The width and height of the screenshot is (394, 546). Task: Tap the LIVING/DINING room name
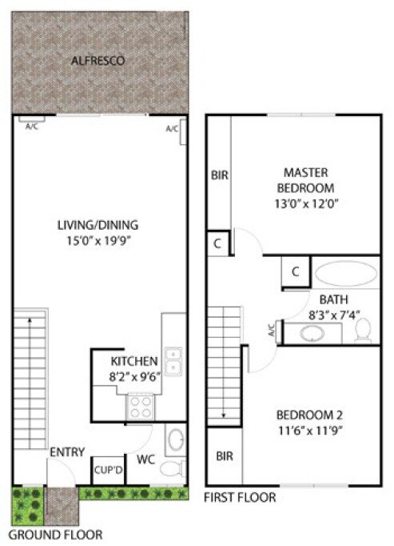pyautogui.click(x=99, y=224)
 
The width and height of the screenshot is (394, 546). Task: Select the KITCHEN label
pyautogui.click(x=129, y=361)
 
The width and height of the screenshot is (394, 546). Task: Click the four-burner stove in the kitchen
pyautogui.click(x=141, y=407)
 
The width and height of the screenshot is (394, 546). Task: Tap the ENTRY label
pyautogui.click(x=67, y=452)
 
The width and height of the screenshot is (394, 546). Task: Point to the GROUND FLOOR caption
pyautogui.click(x=55, y=533)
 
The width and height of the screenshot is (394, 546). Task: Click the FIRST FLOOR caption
pyautogui.click(x=241, y=497)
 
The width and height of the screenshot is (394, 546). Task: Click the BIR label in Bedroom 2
pyautogui.click(x=225, y=456)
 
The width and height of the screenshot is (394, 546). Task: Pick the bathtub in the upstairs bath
pyautogui.click(x=344, y=274)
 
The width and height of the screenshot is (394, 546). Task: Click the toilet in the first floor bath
pyautogui.click(x=363, y=328)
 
